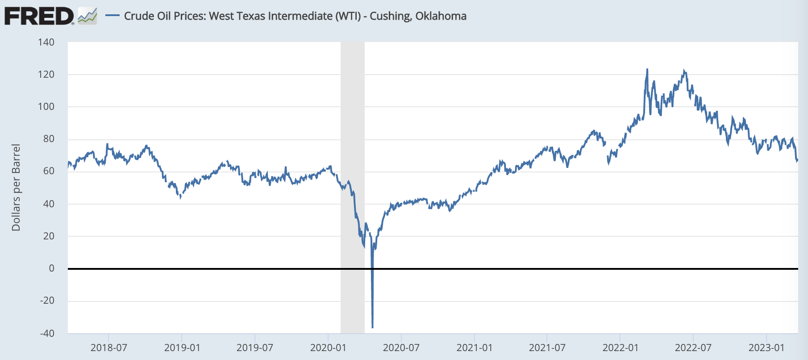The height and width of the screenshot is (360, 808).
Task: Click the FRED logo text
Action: [x=39, y=16]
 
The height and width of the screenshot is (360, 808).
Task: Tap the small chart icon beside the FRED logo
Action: [x=87, y=16]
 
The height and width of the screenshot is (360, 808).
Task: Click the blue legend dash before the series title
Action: [x=112, y=16]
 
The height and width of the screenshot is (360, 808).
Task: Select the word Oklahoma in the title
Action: [x=441, y=16]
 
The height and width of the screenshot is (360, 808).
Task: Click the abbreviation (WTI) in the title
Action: [x=348, y=16]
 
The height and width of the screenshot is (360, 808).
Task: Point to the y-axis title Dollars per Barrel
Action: [x=16, y=188]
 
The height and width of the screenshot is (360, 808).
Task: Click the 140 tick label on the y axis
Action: [x=46, y=42]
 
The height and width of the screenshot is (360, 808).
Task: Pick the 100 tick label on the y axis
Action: [x=46, y=107]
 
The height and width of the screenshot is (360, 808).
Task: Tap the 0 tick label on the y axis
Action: [x=51, y=268]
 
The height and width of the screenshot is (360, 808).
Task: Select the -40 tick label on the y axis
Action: [x=46, y=333]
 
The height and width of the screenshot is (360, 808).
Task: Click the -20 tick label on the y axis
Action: [x=46, y=301]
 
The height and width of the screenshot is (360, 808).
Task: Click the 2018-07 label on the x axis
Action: [x=108, y=347]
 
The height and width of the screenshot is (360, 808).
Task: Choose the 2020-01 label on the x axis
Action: [x=328, y=347]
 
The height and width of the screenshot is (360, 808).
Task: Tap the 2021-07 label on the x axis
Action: [x=547, y=347]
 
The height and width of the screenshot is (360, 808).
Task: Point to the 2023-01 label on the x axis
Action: [x=766, y=347]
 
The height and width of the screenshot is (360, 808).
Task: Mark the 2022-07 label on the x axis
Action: [x=693, y=347]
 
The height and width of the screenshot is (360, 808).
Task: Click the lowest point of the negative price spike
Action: [x=373, y=328]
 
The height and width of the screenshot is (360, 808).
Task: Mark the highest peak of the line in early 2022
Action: [x=647, y=69]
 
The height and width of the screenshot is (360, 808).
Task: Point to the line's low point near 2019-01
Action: [x=180, y=197]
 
